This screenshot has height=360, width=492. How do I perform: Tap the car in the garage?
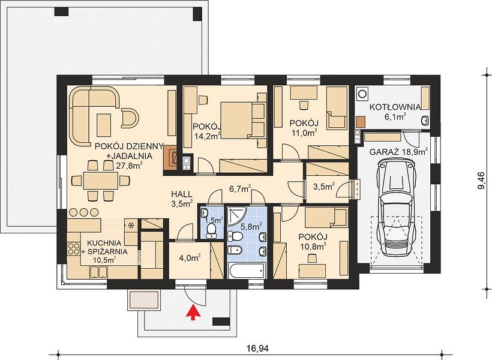[397, 207]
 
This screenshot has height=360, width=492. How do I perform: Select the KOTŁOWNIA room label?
[395, 107]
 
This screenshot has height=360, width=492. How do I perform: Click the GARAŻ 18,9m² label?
[399, 152]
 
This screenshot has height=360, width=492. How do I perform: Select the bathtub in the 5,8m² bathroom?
[247, 270]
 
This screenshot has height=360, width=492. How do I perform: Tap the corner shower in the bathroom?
[238, 217]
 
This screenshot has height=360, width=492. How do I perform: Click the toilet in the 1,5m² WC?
[211, 231]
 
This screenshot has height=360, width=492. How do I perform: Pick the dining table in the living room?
[101, 181]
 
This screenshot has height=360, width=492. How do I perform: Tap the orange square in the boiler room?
[361, 122]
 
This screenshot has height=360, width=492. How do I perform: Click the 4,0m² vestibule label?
[190, 258]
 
